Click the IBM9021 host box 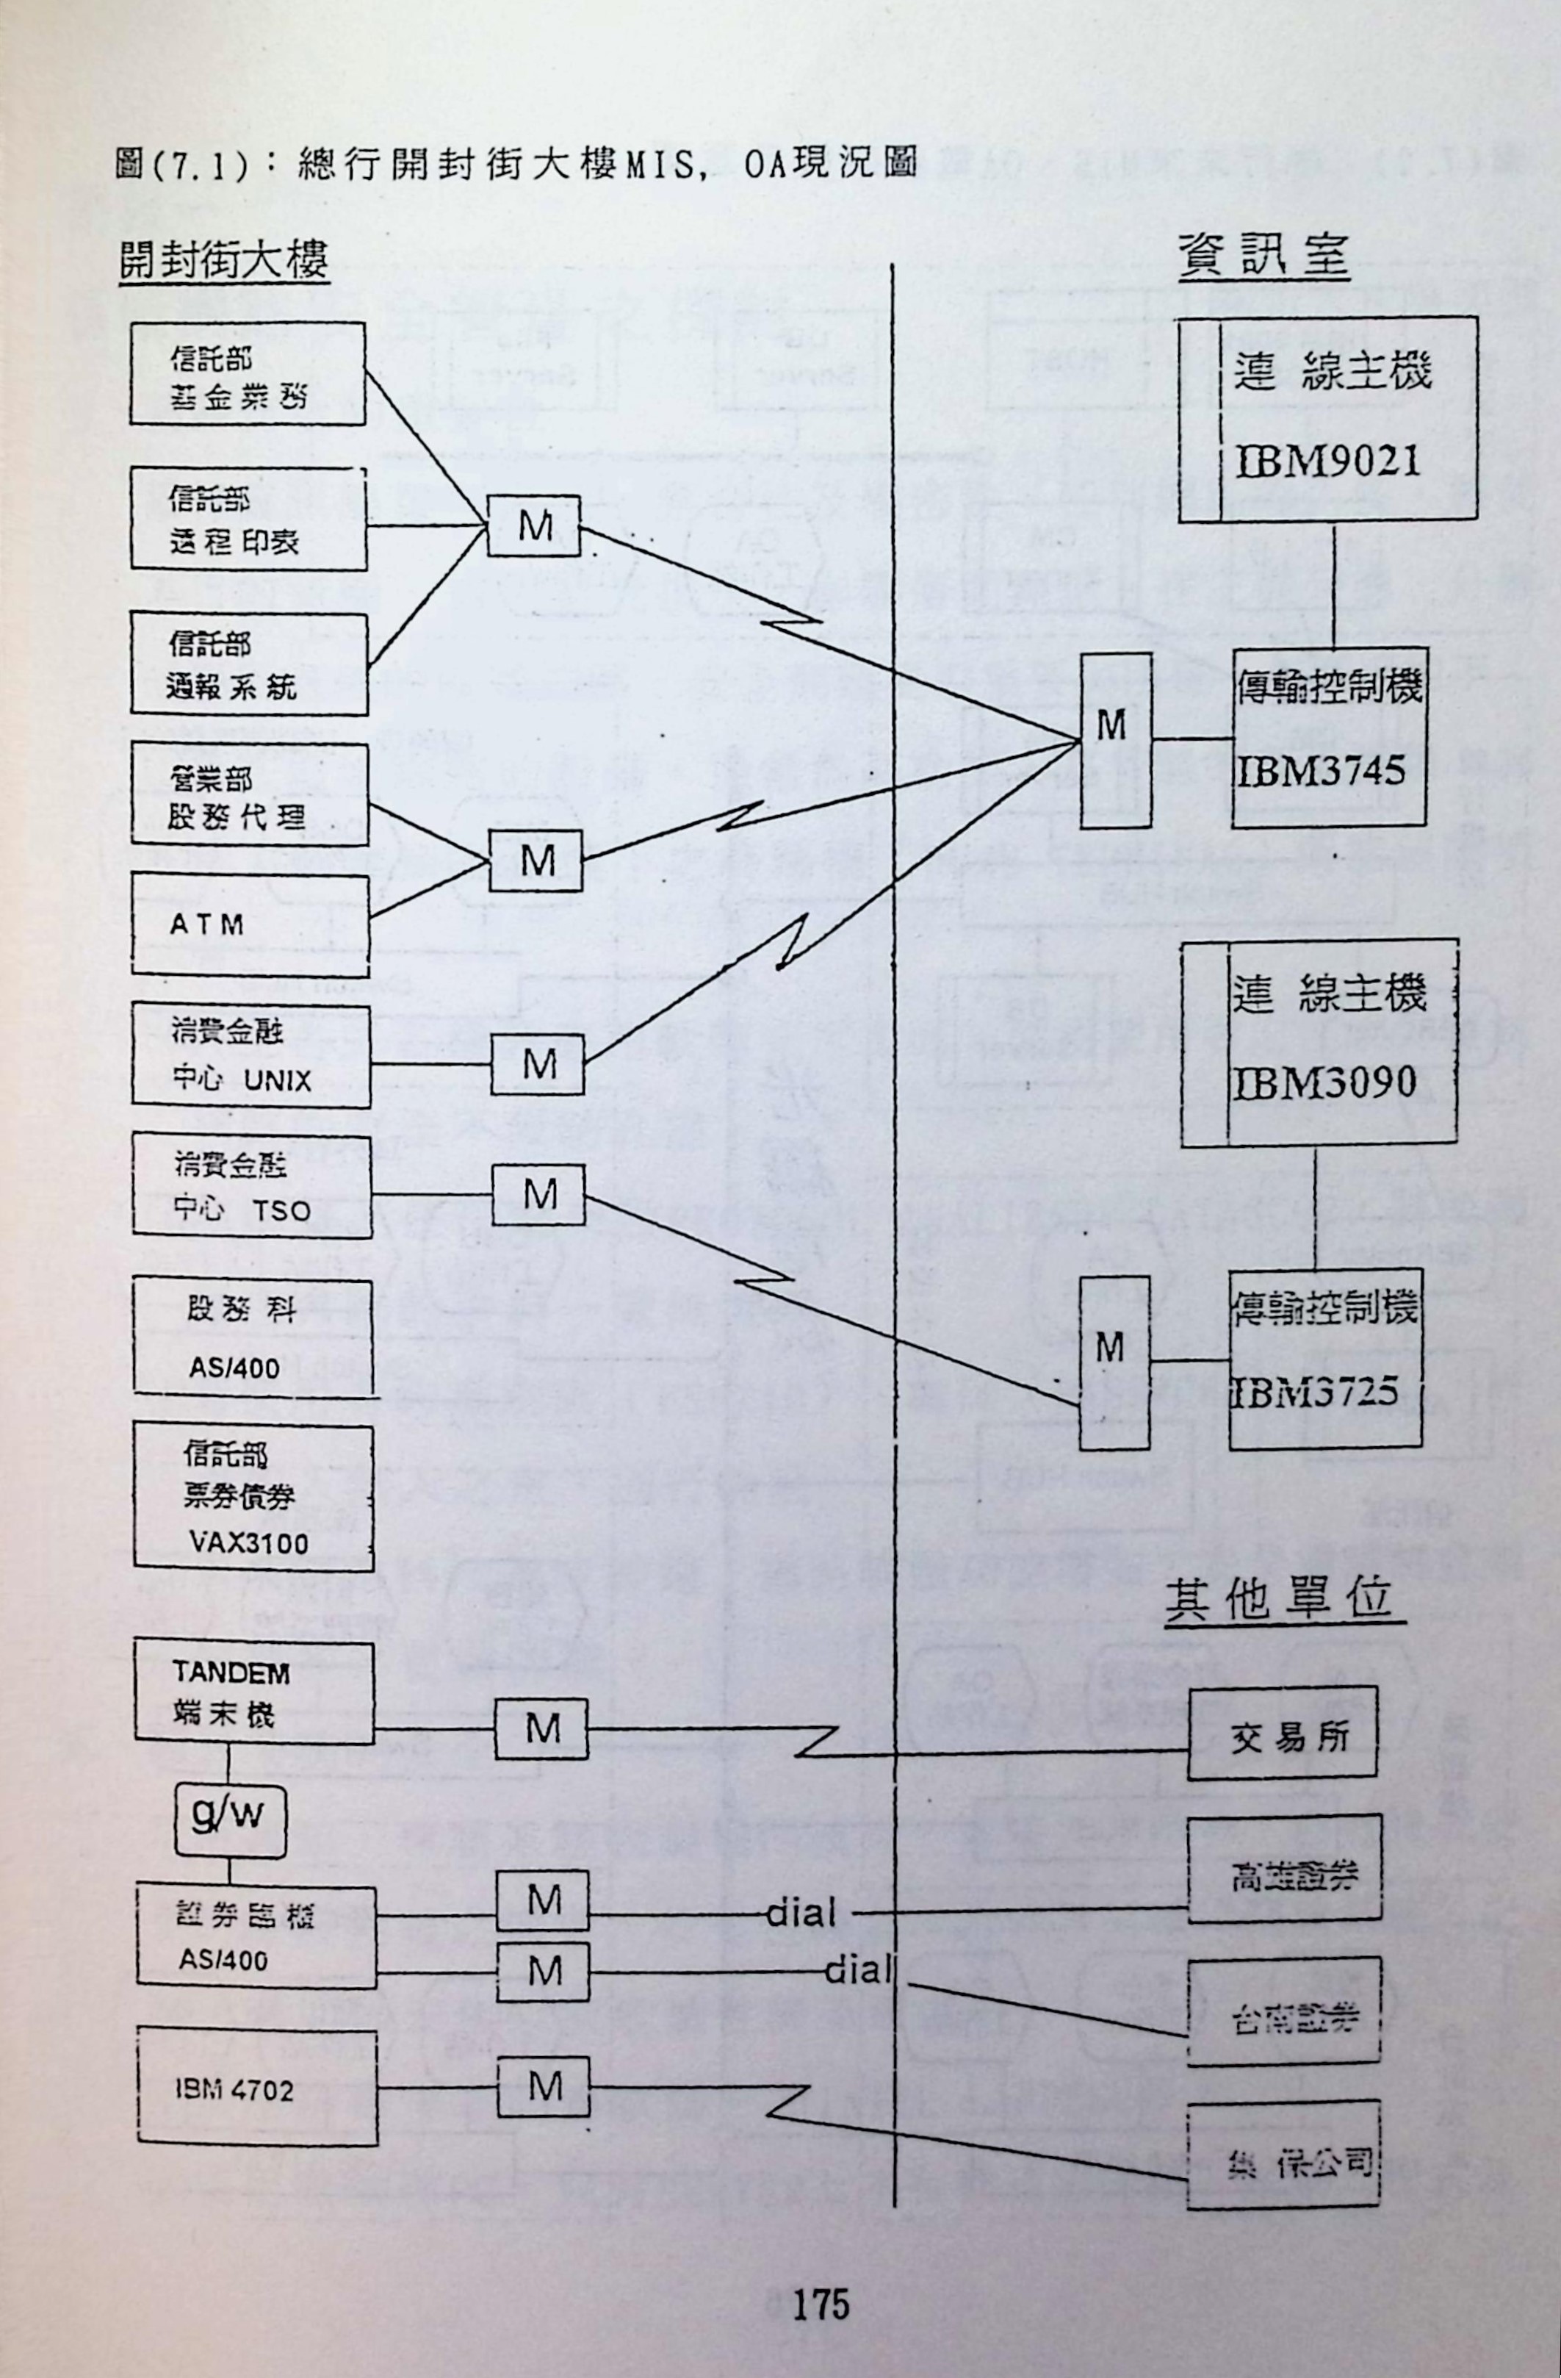coord(1327,419)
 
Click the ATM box coord(250,925)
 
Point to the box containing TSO coord(252,1188)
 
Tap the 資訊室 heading coord(1263,259)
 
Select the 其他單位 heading coord(1284,1600)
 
